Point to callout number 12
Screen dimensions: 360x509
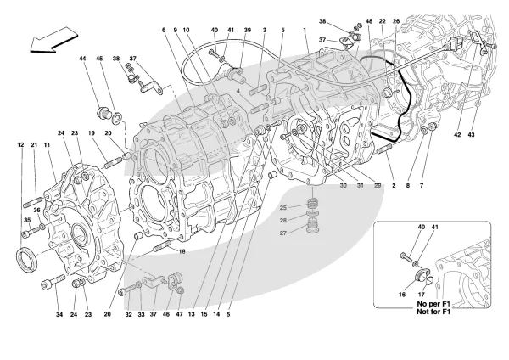19,145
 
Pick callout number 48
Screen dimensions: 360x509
369,20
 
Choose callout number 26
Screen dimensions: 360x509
395,20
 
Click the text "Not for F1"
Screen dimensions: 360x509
417,311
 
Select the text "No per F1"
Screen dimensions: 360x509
417,302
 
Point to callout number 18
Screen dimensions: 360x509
182,252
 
